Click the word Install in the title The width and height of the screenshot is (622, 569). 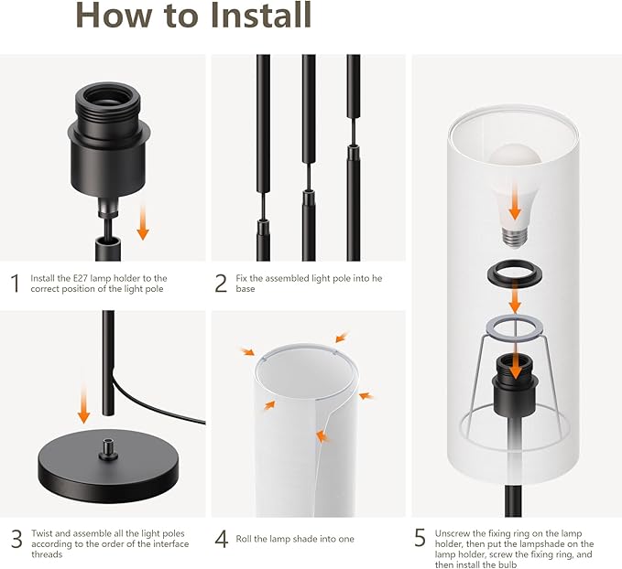pyautogui.click(x=261, y=15)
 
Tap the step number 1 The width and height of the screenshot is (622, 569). pyautogui.click(x=16, y=284)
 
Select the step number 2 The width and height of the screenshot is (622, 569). pyautogui.click(x=221, y=284)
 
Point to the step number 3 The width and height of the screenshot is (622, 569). pyautogui.click(x=16, y=539)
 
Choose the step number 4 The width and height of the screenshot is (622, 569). pyautogui.click(x=222, y=539)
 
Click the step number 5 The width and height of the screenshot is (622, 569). pyautogui.click(x=420, y=538)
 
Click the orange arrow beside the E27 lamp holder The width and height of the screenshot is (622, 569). pyautogui.click(x=143, y=222)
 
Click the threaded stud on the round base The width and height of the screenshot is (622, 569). pyautogui.click(x=106, y=449)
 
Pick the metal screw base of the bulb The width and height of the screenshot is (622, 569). pyautogui.click(x=515, y=237)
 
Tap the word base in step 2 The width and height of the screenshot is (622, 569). pyautogui.click(x=246, y=289)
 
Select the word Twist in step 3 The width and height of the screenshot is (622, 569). pyautogui.click(x=41, y=533)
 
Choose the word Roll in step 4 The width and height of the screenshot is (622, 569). pyautogui.click(x=244, y=539)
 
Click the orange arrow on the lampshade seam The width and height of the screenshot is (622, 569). pyautogui.click(x=323, y=436)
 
